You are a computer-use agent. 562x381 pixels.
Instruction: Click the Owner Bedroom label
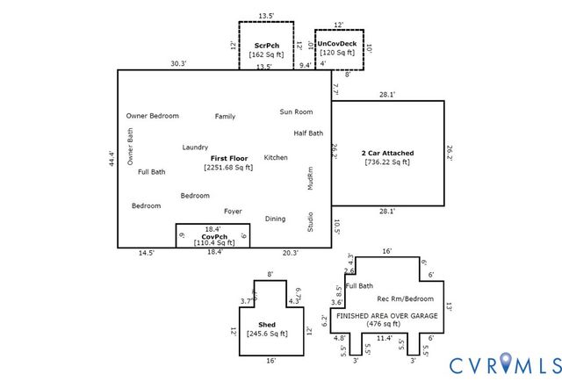coord(152,116)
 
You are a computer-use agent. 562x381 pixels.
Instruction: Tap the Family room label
coord(225,116)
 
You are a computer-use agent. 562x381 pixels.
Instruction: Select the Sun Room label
coord(296,111)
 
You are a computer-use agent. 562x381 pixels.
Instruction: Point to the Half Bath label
coord(308,133)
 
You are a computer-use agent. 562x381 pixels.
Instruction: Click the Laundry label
coord(195,147)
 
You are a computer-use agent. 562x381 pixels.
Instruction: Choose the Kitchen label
coord(276,158)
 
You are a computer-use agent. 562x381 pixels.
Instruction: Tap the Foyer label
coord(233,212)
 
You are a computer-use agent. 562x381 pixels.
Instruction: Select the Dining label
coord(275,219)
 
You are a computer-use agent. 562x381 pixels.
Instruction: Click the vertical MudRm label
coord(310,179)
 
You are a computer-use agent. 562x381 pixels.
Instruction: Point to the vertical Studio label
coord(310,221)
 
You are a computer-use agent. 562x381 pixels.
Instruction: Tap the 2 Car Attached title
coord(387,153)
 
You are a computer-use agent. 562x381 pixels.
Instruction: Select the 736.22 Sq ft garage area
coord(387,162)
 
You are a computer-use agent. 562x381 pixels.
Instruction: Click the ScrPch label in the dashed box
coord(266,45)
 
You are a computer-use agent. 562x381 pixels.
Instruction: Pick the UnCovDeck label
coord(338,43)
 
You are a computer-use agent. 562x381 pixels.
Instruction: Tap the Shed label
coord(266,325)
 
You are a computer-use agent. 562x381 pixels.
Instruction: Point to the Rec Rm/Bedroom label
coord(407,299)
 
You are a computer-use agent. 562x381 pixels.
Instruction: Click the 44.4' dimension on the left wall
coord(112,161)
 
